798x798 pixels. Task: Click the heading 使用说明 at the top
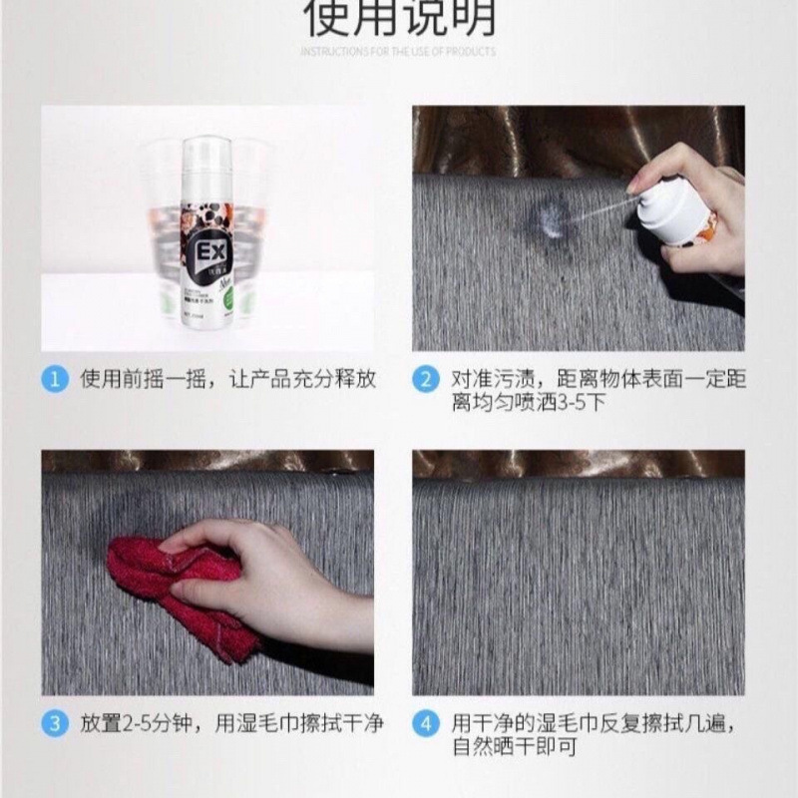tap(399, 18)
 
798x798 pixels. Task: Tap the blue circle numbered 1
tap(55, 379)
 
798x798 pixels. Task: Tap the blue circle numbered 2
tap(426, 379)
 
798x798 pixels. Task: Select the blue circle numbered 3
tap(55, 722)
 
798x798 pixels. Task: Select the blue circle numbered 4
tap(426, 722)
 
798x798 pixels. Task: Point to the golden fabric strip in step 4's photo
tap(579, 464)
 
